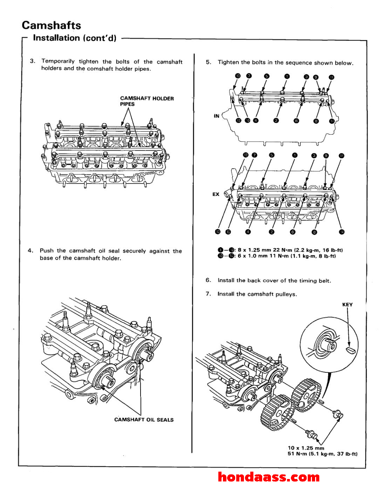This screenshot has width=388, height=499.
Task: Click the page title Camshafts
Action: pyautogui.click(x=51, y=25)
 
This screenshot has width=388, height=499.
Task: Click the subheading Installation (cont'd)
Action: pyautogui.click(x=74, y=38)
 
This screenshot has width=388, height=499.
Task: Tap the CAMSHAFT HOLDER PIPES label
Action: pyautogui.click(x=147, y=101)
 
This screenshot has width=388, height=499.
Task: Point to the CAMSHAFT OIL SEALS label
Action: pyautogui.click(x=144, y=420)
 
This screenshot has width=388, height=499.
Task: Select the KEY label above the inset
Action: pyautogui.click(x=347, y=305)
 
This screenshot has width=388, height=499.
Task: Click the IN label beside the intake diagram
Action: pyautogui.click(x=217, y=116)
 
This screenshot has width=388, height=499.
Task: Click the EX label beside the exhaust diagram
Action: pyautogui.click(x=216, y=194)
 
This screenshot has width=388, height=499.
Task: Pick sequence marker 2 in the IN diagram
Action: pyautogui.click(x=276, y=121)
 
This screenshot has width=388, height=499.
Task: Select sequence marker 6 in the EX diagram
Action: pyautogui.click(x=293, y=232)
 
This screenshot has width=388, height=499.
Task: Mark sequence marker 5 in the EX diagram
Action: pyautogui.click(x=272, y=155)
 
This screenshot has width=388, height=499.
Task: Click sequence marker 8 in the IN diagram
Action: pyautogui.click(x=316, y=121)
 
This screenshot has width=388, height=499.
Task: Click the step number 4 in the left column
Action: pyautogui.click(x=30, y=251)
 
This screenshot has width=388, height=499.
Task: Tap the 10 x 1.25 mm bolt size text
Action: pyautogui.click(x=306, y=448)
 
